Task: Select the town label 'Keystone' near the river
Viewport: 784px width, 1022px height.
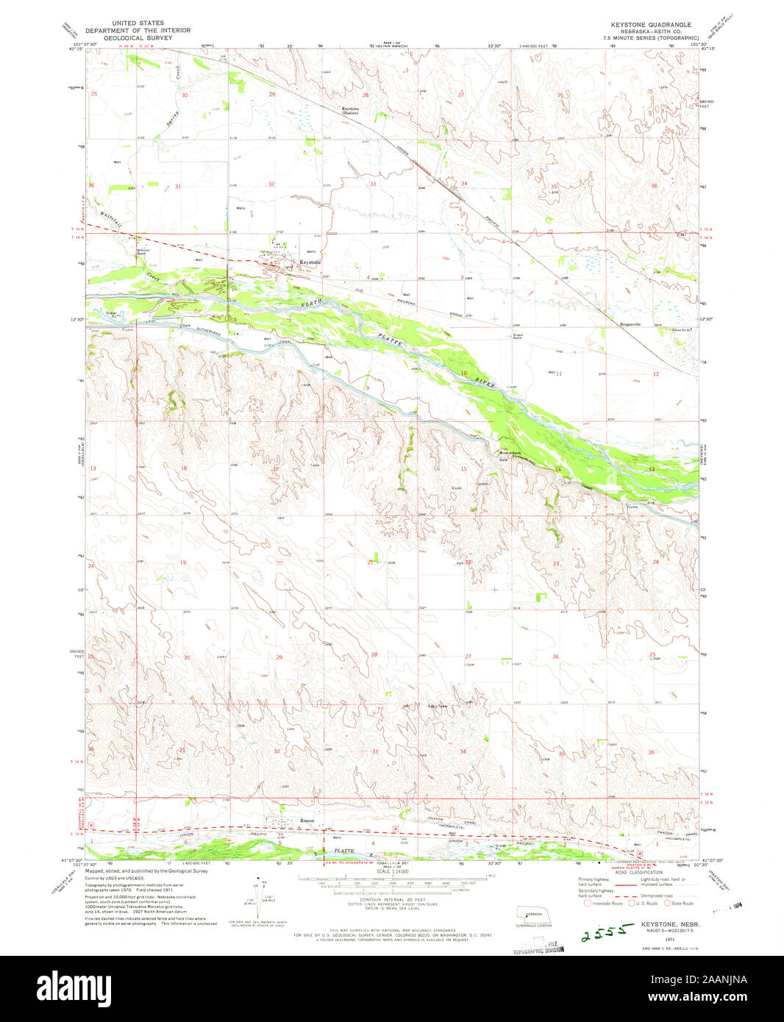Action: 310,262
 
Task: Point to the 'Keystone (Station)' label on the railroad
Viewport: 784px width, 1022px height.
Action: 349,111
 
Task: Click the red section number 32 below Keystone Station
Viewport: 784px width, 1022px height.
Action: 271,184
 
